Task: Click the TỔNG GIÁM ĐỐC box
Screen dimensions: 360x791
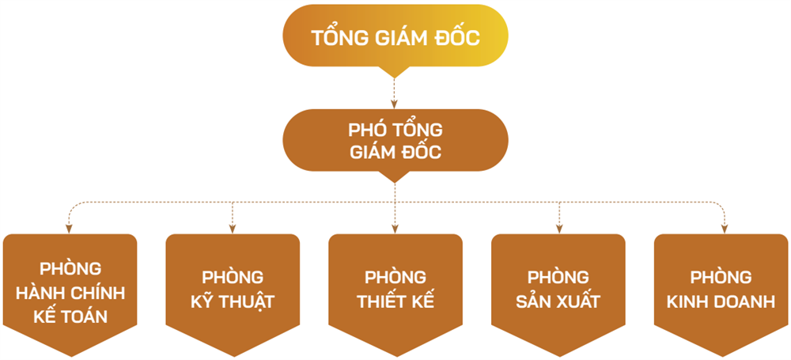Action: [x=395, y=38]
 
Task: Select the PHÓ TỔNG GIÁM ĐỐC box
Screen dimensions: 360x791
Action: [x=395, y=140]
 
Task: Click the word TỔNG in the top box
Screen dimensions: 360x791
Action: [x=339, y=38]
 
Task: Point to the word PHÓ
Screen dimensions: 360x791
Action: [x=366, y=129]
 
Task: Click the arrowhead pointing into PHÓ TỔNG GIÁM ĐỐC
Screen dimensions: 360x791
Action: [x=395, y=104]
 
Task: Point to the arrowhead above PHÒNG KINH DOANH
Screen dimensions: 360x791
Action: [x=724, y=229]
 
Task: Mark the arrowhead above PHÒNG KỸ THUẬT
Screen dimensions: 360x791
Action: [x=233, y=229]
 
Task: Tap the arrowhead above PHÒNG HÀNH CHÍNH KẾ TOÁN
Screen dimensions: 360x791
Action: [x=69, y=229]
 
